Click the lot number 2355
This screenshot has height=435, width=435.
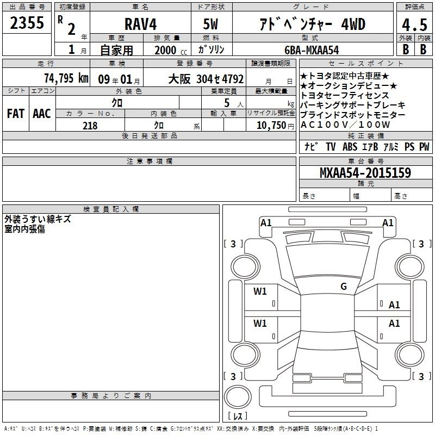point(27,23)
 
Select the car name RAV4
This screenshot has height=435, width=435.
point(140,24)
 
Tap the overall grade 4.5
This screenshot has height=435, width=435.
point(414,25)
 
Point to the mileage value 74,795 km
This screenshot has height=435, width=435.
point(66,78)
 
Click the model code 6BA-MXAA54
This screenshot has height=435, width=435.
point(312,50)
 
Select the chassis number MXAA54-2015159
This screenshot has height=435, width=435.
point(365,172)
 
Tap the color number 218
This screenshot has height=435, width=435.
point(90,126)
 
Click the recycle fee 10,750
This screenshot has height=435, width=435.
point(271,126)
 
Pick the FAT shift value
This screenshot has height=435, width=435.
point(16,114)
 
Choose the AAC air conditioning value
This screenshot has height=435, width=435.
point(42,114)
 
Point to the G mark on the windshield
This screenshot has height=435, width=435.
point(344,287)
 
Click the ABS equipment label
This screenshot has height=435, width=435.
point(350,146)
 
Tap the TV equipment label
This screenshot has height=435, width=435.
point(331,146)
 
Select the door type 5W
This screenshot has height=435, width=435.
point(210,24)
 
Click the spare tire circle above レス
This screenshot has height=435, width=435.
point(238,397)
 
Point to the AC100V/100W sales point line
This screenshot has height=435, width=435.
point(345,125)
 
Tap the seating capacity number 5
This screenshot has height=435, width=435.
point(227,103)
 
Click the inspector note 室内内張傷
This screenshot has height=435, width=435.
point(24,229)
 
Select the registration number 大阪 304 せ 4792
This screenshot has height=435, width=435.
point(206,79)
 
